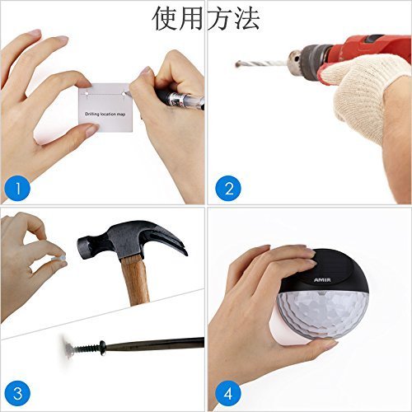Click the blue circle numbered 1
(x=17, y=188)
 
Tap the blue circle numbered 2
(x=228, y=188)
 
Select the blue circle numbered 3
(x=17, y=394)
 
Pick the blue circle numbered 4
(x=228, y=394)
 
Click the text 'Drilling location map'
(x=105, y=114)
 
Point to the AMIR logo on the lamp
(x=322, y=280)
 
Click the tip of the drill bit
(x=236, y=64)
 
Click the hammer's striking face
(x=82, y=246)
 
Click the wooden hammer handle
(x=136, y=280)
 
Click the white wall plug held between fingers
(x=59, y=259)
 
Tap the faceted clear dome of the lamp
(x=323, y=313)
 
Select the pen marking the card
(x=171, y=96)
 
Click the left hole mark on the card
(x=87, y=94)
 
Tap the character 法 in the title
(x=246, y=18)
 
